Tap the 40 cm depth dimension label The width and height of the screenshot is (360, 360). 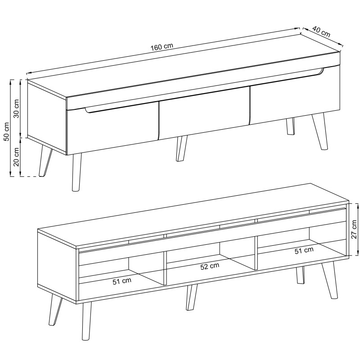tap(321, 31)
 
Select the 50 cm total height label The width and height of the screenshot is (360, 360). tap(7, 131)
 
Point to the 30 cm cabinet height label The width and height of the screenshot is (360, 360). tap(17, 108)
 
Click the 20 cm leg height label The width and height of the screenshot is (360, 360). tap(16, 157)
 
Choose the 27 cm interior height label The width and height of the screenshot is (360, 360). tap(354, 229)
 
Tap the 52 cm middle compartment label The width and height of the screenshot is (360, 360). tap(210, 266)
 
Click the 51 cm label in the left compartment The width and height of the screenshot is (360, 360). tap(122, 281)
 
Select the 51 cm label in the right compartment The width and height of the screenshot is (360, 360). tap(304, 251)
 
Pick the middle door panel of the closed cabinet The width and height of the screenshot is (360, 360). tap(204, 113)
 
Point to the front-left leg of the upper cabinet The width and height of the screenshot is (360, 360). tap(76, 172)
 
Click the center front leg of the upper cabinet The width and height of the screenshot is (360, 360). tap(181, 148)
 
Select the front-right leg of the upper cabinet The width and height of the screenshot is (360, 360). tap(320, 131)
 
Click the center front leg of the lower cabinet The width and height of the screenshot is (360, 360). tap(192, 297)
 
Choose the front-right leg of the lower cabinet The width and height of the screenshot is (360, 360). tap(329, 280)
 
